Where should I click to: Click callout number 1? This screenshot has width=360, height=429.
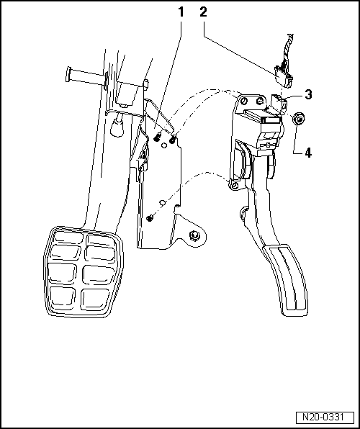180,12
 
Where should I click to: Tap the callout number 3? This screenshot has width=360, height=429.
307,94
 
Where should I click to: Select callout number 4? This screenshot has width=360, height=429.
307,152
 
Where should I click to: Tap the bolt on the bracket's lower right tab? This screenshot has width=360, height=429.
194,237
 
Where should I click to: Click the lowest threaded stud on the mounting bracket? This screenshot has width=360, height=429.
150,217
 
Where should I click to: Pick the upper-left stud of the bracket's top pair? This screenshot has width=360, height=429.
157,135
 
